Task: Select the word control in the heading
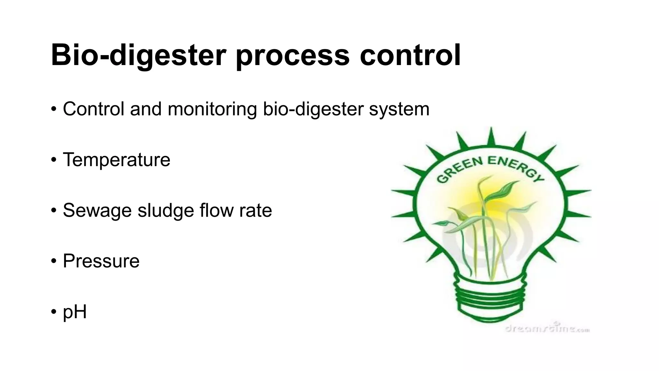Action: (410, 55)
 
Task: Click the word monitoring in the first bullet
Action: (212, 109)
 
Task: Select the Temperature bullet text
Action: (116, 159)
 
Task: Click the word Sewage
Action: (97, 210)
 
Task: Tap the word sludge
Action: (166, 210)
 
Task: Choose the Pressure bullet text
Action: (101, 261)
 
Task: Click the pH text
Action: (75, 311)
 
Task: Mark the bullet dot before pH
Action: (53, 312)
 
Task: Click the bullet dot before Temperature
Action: (53, 160)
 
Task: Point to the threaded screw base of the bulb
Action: (491, 296)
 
